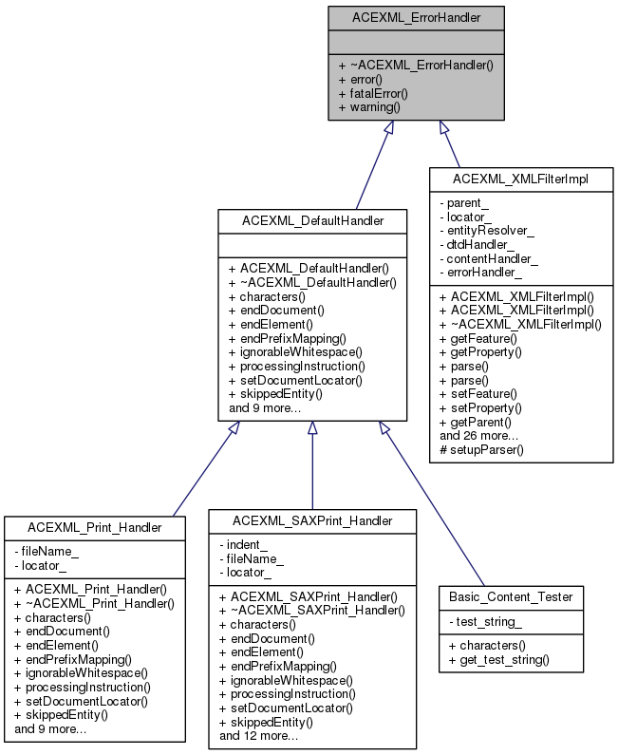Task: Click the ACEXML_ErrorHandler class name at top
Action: click(417, 17)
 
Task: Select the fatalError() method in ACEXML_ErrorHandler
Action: click(372, 93)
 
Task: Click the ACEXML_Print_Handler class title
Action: click(94, 526)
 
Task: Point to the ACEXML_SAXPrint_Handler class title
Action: click(312, 520)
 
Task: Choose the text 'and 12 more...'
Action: click(258, 735)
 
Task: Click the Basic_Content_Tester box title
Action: click(512, 597)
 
